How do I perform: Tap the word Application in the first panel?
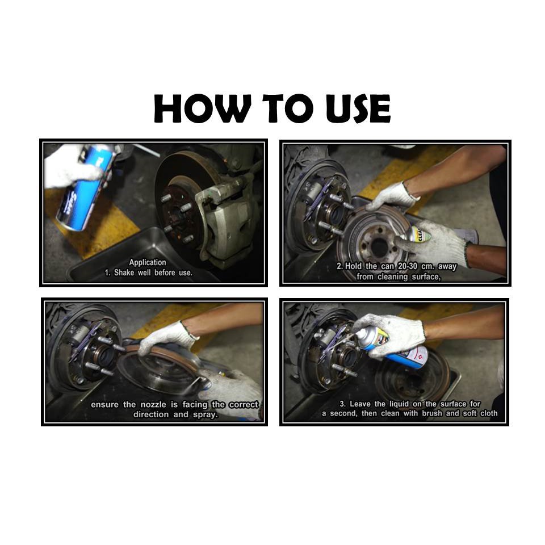[x=148, y=263]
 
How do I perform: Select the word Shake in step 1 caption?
[x=124, y=273]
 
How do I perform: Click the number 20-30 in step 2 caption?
[x=408, y=267]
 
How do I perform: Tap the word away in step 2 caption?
[x=447, y=267]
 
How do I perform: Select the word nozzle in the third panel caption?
[x=153, y=405]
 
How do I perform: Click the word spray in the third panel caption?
[x=206, y=414]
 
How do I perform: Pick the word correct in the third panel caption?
[x=244, y=405]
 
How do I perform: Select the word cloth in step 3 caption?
[x=489, y=414]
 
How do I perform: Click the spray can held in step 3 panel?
[x=391, y=347]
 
